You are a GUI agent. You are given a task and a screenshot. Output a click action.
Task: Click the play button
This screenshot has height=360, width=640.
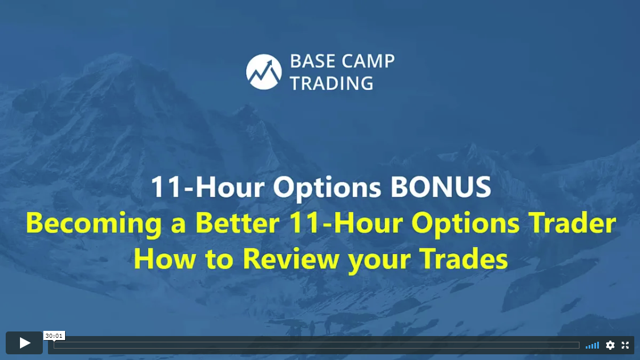tap(24, 343)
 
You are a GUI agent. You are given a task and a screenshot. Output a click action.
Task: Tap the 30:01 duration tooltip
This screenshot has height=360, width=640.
tap(54, 335)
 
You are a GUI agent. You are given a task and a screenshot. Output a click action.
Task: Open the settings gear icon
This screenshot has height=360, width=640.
tap(610, 345)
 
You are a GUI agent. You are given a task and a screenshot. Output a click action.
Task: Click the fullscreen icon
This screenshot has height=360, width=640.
tap(625, 345)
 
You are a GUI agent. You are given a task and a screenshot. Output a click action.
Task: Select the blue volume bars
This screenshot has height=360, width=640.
tap(592, 345)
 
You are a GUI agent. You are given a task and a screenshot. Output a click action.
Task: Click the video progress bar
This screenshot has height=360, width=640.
tap(316, 345)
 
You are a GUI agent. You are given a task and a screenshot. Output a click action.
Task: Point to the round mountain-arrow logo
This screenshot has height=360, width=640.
tap(264, 72)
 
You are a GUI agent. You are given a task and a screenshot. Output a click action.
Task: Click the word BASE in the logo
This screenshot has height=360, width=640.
tap(313, 61)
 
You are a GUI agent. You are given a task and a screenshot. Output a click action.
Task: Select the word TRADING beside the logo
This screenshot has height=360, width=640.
tap(332, 83)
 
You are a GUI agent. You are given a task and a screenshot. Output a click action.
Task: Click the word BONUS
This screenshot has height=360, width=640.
tap(441, 187)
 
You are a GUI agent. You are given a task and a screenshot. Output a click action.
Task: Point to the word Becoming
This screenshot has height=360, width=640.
tap(94, 224)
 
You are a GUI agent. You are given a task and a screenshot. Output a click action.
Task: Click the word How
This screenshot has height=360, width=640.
tap(164, 258)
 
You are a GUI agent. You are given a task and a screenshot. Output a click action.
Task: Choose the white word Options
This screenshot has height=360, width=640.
tap(327, 188)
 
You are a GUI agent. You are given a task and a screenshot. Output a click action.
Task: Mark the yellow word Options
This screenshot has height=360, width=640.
tap(465, 224)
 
